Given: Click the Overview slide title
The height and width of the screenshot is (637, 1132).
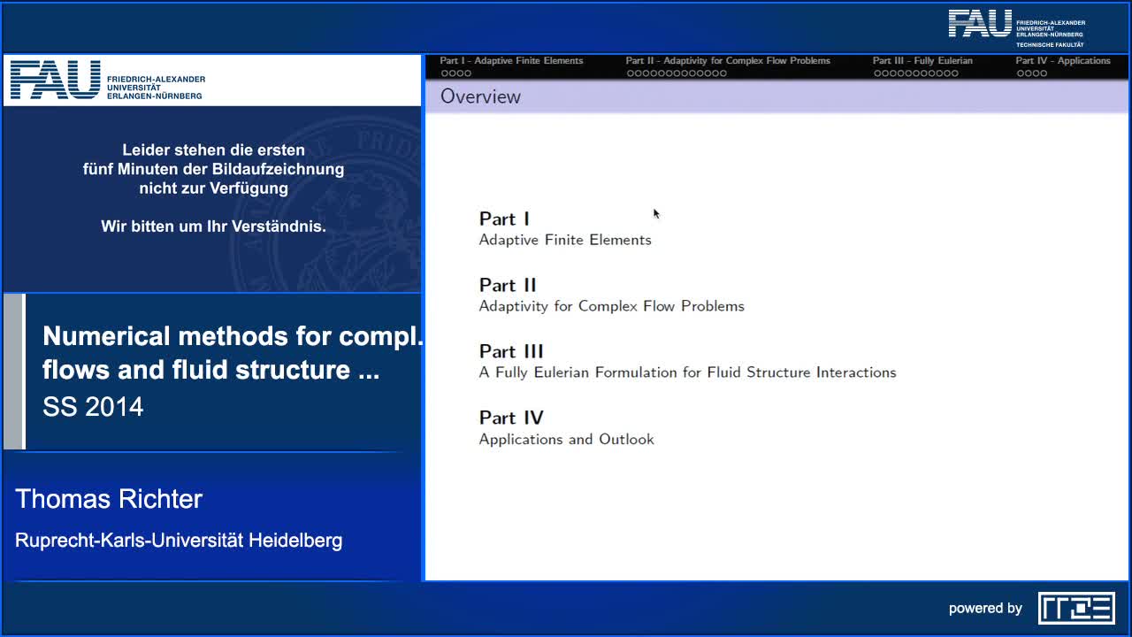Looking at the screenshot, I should click(x=480, y=96).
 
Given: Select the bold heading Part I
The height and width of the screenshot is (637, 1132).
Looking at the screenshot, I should click(x=504, y=219).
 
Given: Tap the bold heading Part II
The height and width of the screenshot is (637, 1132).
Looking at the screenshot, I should click(x=508, y=285).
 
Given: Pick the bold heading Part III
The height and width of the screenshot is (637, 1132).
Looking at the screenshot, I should click(x=511, y=351).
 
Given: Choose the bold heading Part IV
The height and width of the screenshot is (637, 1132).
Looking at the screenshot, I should click(x=511, y=418).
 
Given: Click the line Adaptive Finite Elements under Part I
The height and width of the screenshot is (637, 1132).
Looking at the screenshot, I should click(x=565, y=240).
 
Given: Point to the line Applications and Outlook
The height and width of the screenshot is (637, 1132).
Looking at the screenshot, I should click(x=566, y=439).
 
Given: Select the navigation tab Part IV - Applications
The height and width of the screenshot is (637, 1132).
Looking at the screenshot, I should click(x=1062, y=61).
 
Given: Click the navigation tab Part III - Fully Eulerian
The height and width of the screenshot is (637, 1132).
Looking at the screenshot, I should click(x=922, y=61).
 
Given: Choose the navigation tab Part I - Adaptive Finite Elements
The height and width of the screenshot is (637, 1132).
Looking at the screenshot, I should click(x=511, y=61).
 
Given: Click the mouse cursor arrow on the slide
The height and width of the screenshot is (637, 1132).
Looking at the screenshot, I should click(x=656, y=213).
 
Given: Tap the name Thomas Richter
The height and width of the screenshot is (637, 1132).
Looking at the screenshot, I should click(x=109, y=499).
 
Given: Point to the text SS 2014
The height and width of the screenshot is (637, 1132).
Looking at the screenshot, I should click(x=93, y=407).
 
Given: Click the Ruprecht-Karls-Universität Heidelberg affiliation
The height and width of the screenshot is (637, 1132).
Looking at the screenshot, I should click(x=179, y=540).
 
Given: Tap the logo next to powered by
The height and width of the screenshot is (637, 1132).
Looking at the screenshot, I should click(x=1076, y=608).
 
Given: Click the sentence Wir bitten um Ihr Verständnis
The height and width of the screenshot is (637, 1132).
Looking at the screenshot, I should click(x=213, y=226).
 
